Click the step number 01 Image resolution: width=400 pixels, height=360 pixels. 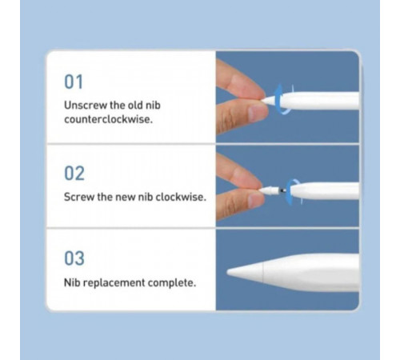point(74,82)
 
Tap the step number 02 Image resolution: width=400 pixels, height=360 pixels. point(74,173)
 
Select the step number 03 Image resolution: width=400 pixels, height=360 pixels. point(74,259)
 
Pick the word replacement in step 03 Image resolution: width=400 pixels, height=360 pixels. point(114,282)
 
